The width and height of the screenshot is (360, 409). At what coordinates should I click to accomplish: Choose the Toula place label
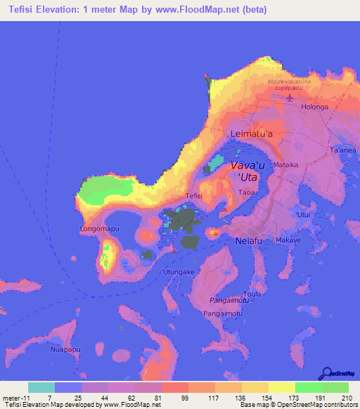pyautogui.click(x=252, y=293)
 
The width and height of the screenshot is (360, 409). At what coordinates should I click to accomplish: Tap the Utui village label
pyautogui.click(x=304, y=214)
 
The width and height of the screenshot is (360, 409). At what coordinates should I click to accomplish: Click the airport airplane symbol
pyautogui.click(x=290, y=98)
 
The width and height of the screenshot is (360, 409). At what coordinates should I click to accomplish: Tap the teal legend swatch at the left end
pyautogui.click(x=41, y=387)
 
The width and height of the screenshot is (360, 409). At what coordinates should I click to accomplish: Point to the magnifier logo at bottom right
pyautogui.click(x=327, y=374)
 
